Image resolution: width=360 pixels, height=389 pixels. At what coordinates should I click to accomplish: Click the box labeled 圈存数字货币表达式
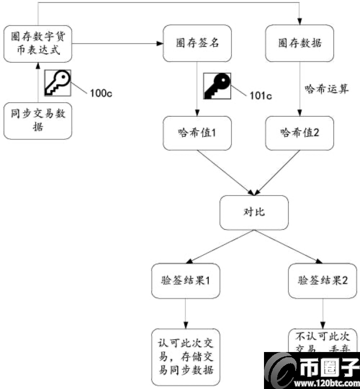pos(38,43)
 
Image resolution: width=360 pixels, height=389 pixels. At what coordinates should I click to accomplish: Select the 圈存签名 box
pos(196,43)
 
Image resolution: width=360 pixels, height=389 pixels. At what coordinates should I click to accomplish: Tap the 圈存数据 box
pos(300,43)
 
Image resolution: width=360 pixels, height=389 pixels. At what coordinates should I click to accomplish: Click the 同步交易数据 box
pos(38,121)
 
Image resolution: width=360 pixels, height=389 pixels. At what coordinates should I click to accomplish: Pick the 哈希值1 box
pos(196,133)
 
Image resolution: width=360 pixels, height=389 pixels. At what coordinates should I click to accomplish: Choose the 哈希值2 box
pos(300,133)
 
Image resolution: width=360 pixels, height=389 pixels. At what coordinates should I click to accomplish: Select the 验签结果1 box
pos(185,280)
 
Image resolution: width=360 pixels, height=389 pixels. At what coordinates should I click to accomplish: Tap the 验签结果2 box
pos(323,280)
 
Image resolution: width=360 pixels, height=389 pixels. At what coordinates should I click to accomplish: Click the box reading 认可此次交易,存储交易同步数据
pos(185,357)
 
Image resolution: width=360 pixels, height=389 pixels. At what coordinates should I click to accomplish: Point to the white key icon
pos(58,83)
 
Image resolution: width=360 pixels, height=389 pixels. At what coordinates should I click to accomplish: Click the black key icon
pos(217,86)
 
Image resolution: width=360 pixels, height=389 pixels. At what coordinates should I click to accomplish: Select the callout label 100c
pos(101,93)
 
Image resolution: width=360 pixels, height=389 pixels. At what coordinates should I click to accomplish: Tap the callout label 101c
pos(261,95)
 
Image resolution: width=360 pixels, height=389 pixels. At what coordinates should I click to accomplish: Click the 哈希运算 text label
pos(326,89)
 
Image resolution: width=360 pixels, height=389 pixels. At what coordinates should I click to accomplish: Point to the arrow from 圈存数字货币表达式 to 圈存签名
pos(118,44)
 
